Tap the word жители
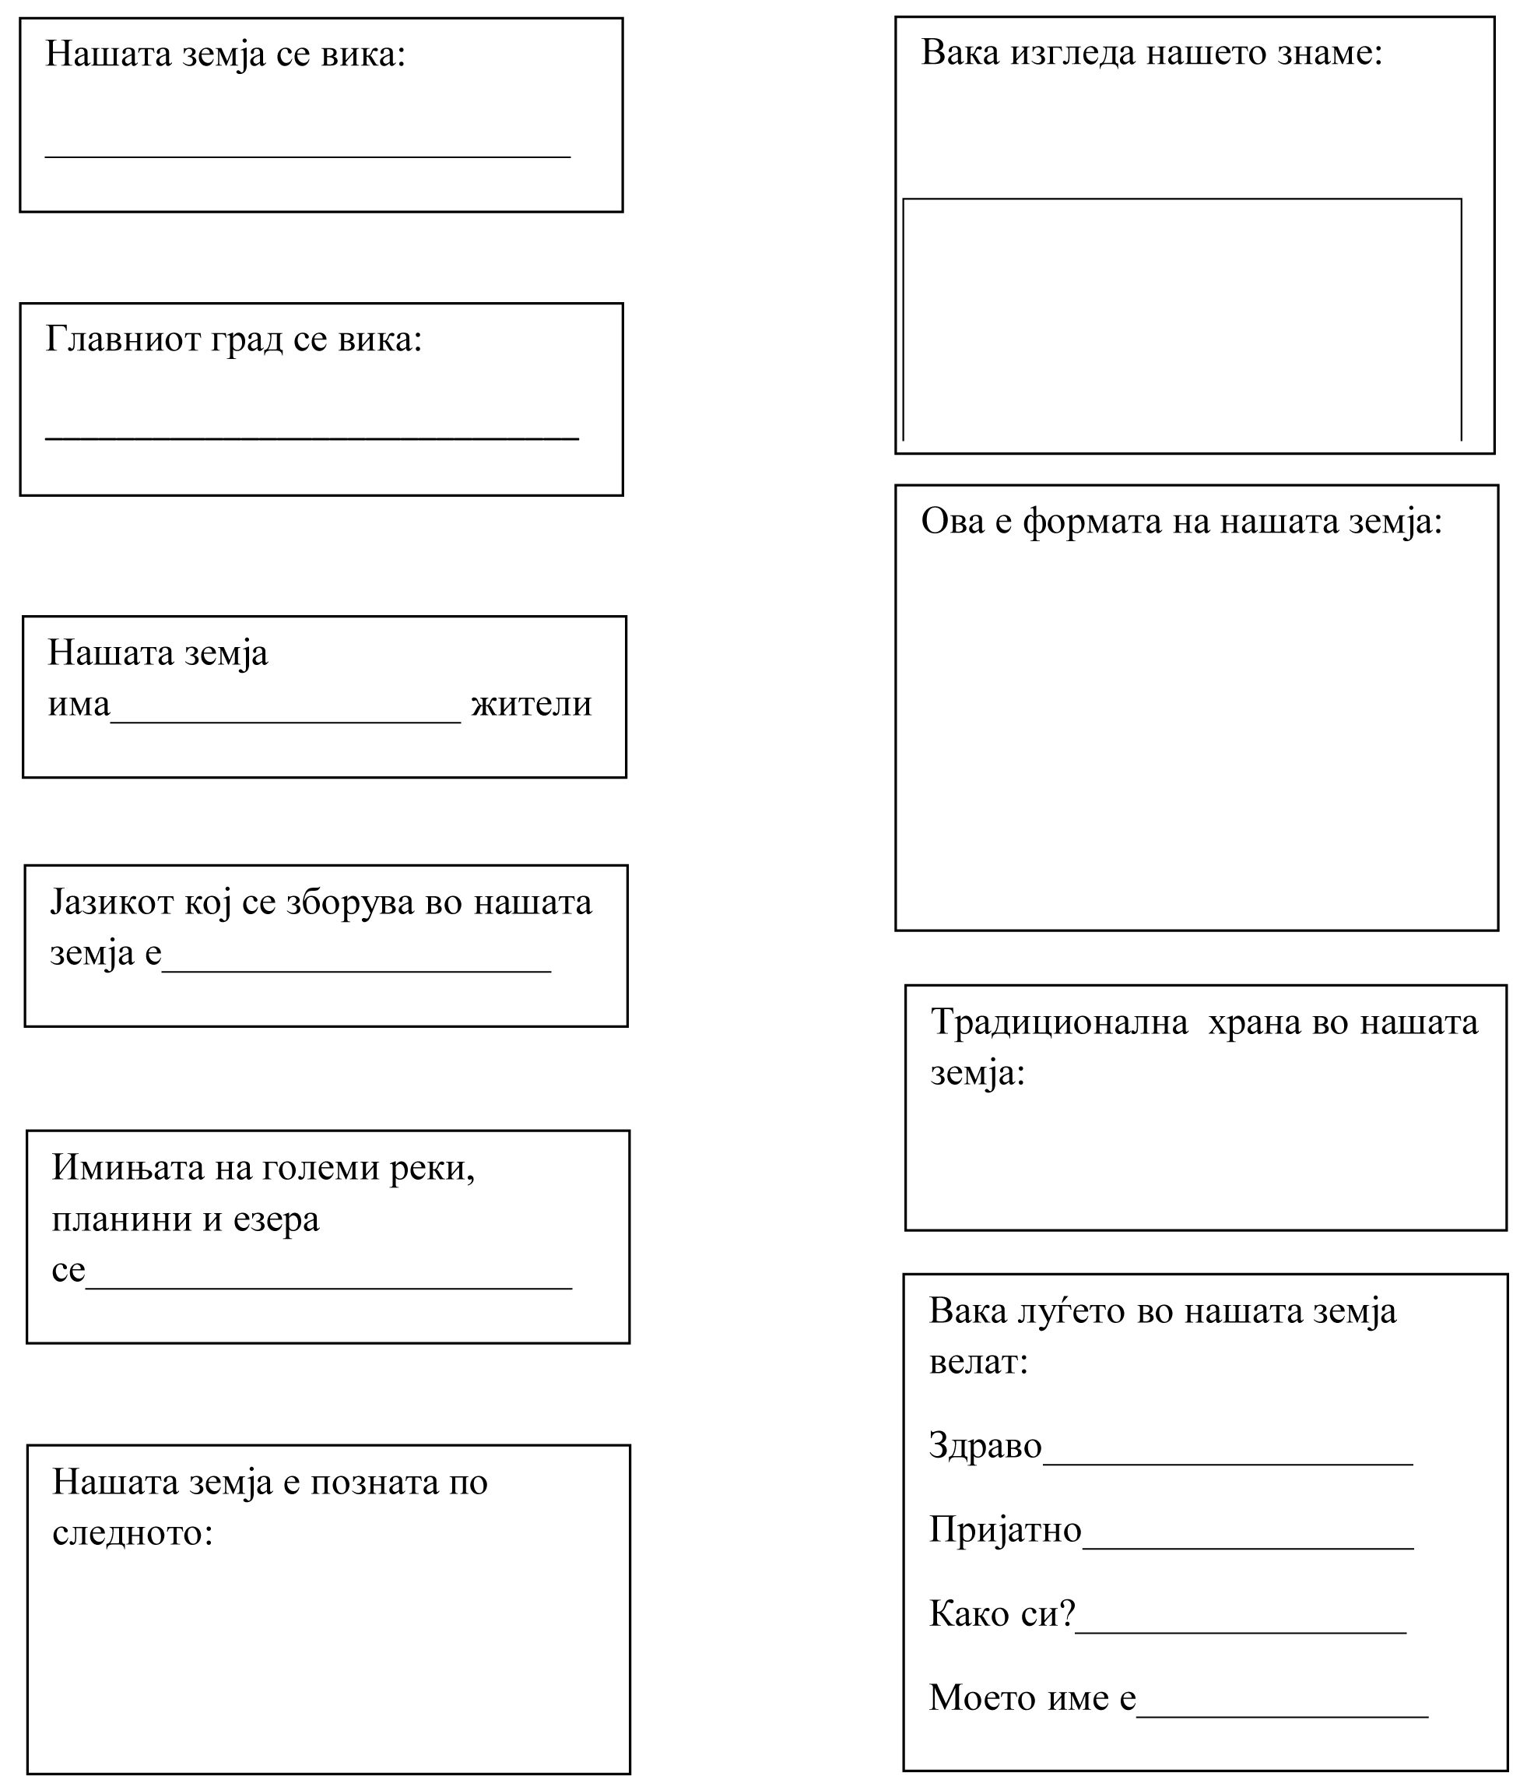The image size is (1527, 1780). click(532, 705)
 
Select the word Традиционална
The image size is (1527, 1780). click(1059, 1023)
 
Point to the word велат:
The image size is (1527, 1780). click(978, 1363)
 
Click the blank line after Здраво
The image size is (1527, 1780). click(1227, 1462)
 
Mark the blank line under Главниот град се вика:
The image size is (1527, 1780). click(312, 438)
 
